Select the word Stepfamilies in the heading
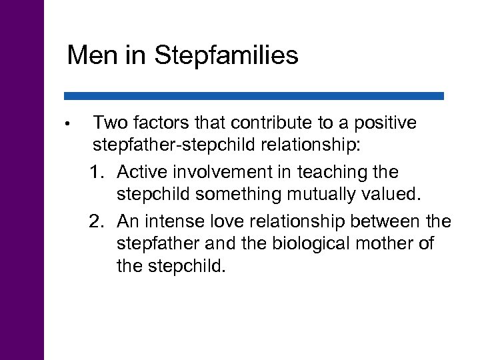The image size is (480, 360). (227, 56)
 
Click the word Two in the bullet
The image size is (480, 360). (110, 123)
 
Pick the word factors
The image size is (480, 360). (161, 123)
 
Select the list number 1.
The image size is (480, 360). (97, 172)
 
